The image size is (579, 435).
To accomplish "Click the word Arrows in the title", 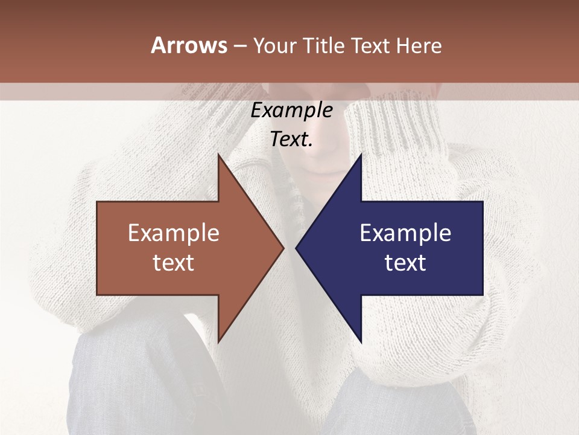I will point(189,45).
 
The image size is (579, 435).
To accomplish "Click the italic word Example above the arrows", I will point(292,111).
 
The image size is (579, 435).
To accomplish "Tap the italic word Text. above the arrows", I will point(292,140).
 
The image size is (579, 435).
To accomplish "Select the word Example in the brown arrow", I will point(173,233).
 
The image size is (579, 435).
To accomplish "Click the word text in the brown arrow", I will point(173,262).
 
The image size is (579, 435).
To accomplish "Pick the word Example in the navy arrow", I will point(405,233).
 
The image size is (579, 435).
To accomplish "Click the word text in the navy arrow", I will point(405,262).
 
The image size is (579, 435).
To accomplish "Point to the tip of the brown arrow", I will point(283,248).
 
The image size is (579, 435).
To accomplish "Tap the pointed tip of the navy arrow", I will point(296,248).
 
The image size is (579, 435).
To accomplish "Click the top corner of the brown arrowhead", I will point(218,155).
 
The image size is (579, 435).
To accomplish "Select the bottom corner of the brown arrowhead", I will point(218,342).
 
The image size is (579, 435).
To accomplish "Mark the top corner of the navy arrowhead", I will point(361,155).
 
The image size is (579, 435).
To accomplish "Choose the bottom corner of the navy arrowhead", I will point(361,342).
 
